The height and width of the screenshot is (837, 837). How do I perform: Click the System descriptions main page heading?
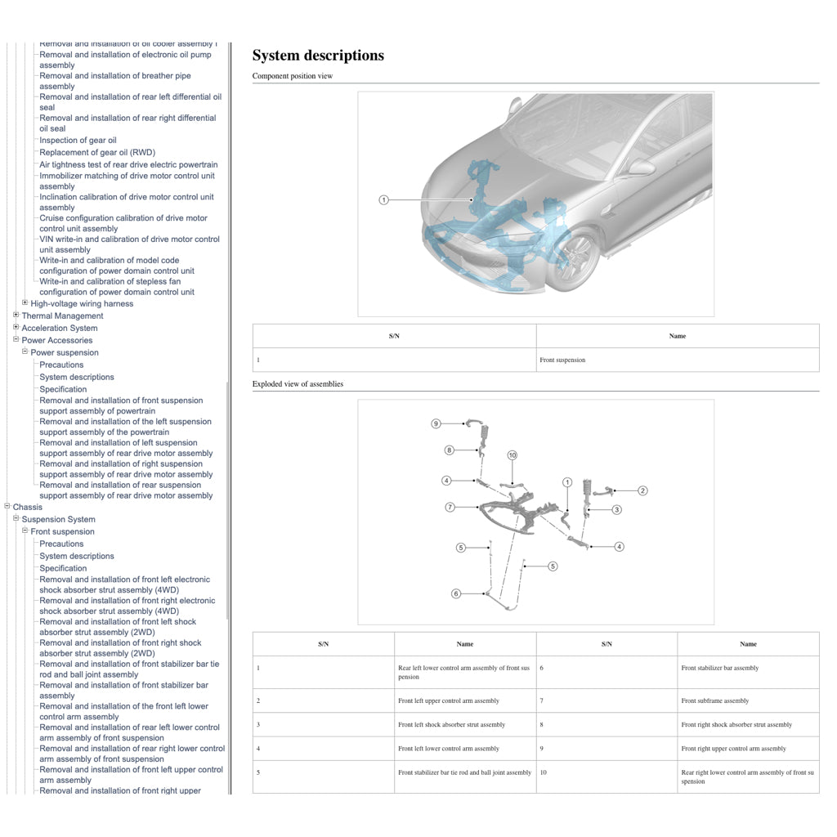coord(318,56)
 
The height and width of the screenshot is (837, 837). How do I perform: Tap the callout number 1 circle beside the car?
coord(383,200)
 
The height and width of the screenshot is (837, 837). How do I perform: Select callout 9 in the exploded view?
coord(436,423)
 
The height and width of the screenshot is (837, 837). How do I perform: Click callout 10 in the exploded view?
coord(512,455)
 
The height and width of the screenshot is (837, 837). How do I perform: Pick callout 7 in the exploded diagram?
coord(450,508)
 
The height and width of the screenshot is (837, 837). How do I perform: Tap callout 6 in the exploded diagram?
coord(456,593)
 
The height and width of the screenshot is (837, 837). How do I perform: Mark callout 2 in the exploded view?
coord(642,490)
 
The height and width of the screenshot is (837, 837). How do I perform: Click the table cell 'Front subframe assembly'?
coord(714,700)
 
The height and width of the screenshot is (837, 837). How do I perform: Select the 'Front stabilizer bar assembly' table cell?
coord(719,668)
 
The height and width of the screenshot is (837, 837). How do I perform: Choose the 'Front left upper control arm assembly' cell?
coord(448,700)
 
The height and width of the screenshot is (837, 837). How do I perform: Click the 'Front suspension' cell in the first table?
coord(562,360)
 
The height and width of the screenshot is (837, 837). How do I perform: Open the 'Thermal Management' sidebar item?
coord(62,316)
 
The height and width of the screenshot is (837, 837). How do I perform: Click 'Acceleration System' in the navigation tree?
coord(59,329)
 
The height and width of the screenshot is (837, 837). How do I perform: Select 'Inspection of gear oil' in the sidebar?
coord(78,141)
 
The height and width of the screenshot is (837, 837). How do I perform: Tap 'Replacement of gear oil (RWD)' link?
coord(96,153)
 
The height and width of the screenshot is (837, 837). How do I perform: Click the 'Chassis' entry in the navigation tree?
coord(28,508)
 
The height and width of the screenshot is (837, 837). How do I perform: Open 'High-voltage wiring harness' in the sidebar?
coord(82,304)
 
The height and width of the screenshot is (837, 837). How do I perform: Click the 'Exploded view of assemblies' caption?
coord(298,384)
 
